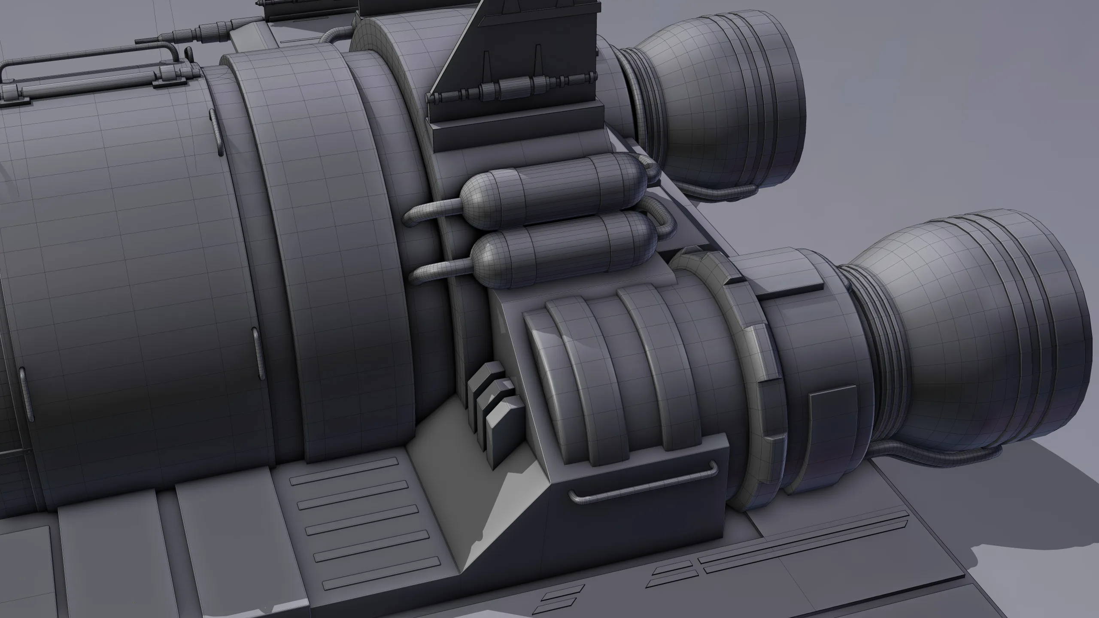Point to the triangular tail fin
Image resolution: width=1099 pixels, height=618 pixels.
point(489,47)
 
